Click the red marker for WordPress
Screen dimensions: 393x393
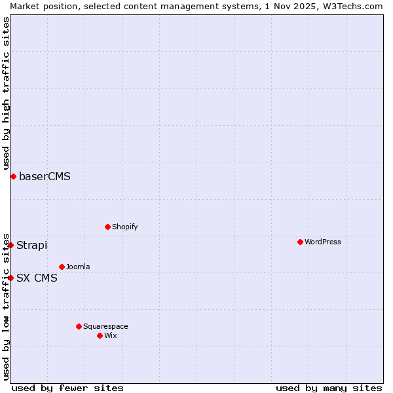pyautogui.click(x=300, y=242)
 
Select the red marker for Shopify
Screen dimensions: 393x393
pyautogui.click(x=107, y=227)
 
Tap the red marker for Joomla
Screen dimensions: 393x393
pyautogui.click(x=62, y=267)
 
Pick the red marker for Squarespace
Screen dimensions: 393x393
pyautogui.click(x=79, y=326)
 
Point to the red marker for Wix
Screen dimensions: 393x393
pyautogui.click(x=100, y=335)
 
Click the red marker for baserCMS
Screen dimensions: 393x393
pyautogui.click(x=13, y=176)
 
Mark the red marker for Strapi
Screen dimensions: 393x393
pyautogui.click(x=10, y=245)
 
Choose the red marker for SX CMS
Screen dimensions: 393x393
pyautogui.click(x=10, y=278)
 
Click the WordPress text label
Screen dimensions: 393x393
pyautogui.click(x=322, y=242)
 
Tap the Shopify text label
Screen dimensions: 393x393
pyautogui.click(x=124, y=227)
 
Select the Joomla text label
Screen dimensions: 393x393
pyautogui.click(x=78, y=267)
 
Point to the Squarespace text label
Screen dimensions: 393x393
pyautogui.click(x=105, y=326)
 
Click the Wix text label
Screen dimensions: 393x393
pyautogui.click(x=110, y=335)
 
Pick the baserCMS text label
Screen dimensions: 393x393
pyautogui.click(x=45, y=176)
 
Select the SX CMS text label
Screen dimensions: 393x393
pyautogui.click(x=37, y=278)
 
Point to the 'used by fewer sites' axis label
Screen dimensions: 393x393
pyautogui.click(x=67, y=388)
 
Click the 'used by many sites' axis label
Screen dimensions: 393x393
pyautogui.click(x=329, y=388)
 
